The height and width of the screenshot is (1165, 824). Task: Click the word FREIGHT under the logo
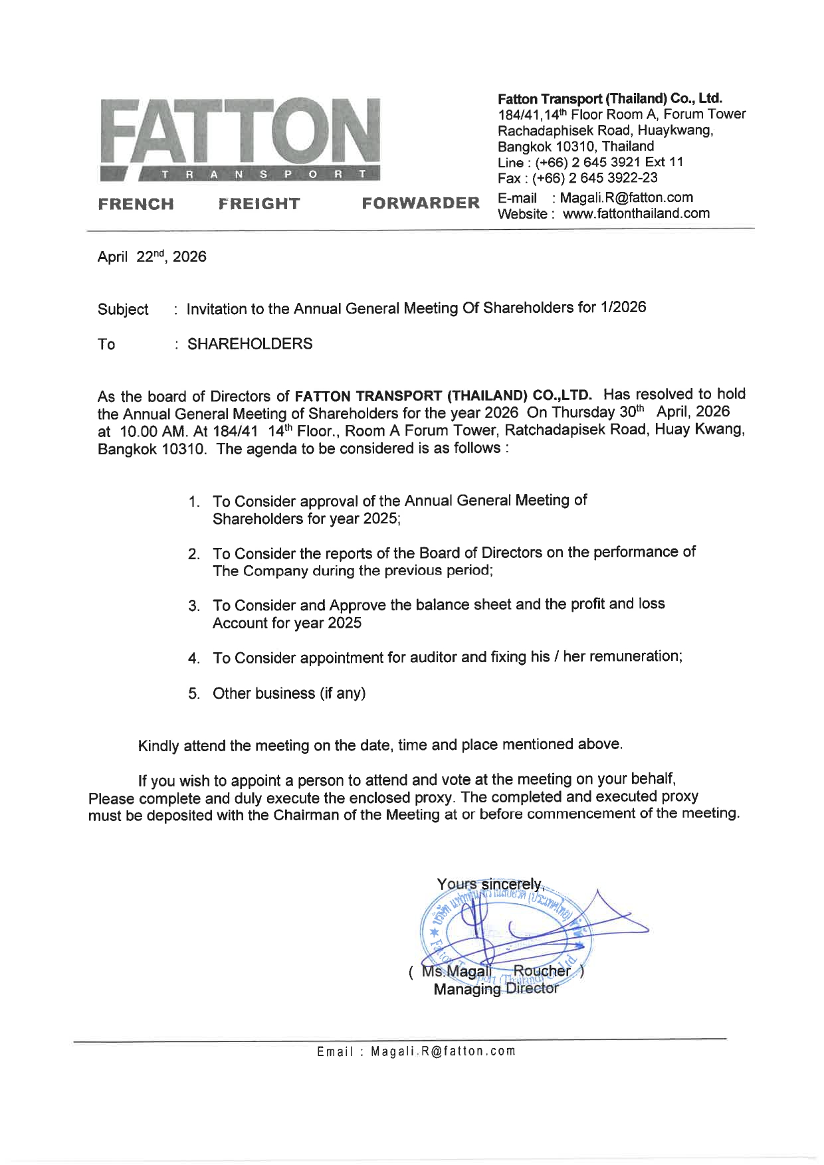coord(259,204)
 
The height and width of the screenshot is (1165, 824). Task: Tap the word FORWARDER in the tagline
coord(420,203)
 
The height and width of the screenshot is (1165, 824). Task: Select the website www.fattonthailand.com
coord(636,214)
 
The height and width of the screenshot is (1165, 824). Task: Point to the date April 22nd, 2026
coord(152,257)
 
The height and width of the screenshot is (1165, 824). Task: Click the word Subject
coord(123,310)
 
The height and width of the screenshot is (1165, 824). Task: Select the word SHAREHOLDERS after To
coord(250,344)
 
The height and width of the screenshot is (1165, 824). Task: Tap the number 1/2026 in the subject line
coord(622,307)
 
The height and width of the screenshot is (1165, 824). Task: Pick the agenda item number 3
coord(194,606)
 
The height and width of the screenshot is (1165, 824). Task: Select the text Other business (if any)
coord(289,693)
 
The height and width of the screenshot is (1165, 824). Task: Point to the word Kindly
coord(158,746)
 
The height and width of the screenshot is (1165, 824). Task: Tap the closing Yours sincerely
coord(490,885)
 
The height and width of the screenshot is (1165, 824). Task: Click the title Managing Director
coord(496,990)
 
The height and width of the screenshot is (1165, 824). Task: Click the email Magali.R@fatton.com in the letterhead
coord(627,198)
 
